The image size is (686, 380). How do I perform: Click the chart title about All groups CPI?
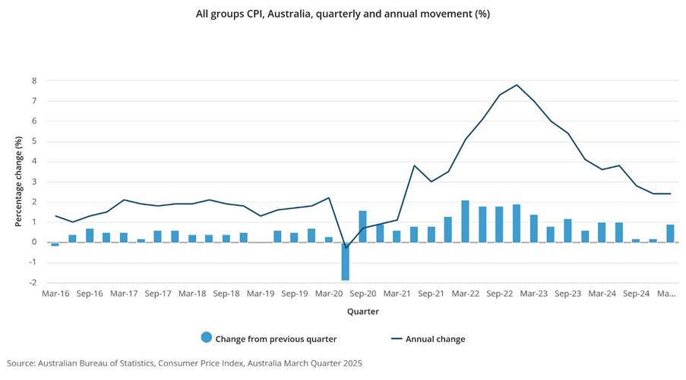[x=343, y=14]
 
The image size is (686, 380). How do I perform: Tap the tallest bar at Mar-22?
[x=465, y=221]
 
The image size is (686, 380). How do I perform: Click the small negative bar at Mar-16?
[x=55, y=244]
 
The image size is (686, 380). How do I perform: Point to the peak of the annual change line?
[x=517, y=85]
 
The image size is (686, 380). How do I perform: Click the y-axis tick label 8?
[x=33, y=80]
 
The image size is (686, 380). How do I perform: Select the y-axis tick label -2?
[x=32, y=283]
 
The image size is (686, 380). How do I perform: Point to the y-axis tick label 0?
[x=33, y=243]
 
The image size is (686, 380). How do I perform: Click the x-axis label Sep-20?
[x=362, y=293]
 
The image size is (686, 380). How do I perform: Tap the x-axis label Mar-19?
[x=261, y=293]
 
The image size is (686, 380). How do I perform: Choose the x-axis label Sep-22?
[x=499, y=293]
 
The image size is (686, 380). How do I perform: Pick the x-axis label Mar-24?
[x=602, y=293]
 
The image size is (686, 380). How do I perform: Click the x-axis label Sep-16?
[x=90, y=293]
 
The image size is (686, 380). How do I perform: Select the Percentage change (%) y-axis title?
[x=18, y=181]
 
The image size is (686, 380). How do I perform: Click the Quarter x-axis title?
[x=363, y=311]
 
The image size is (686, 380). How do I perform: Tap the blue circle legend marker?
[x=206, y=338]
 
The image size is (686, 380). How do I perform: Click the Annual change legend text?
[x=435, y=339]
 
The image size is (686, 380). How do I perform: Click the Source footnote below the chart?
[x=185, y=363]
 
